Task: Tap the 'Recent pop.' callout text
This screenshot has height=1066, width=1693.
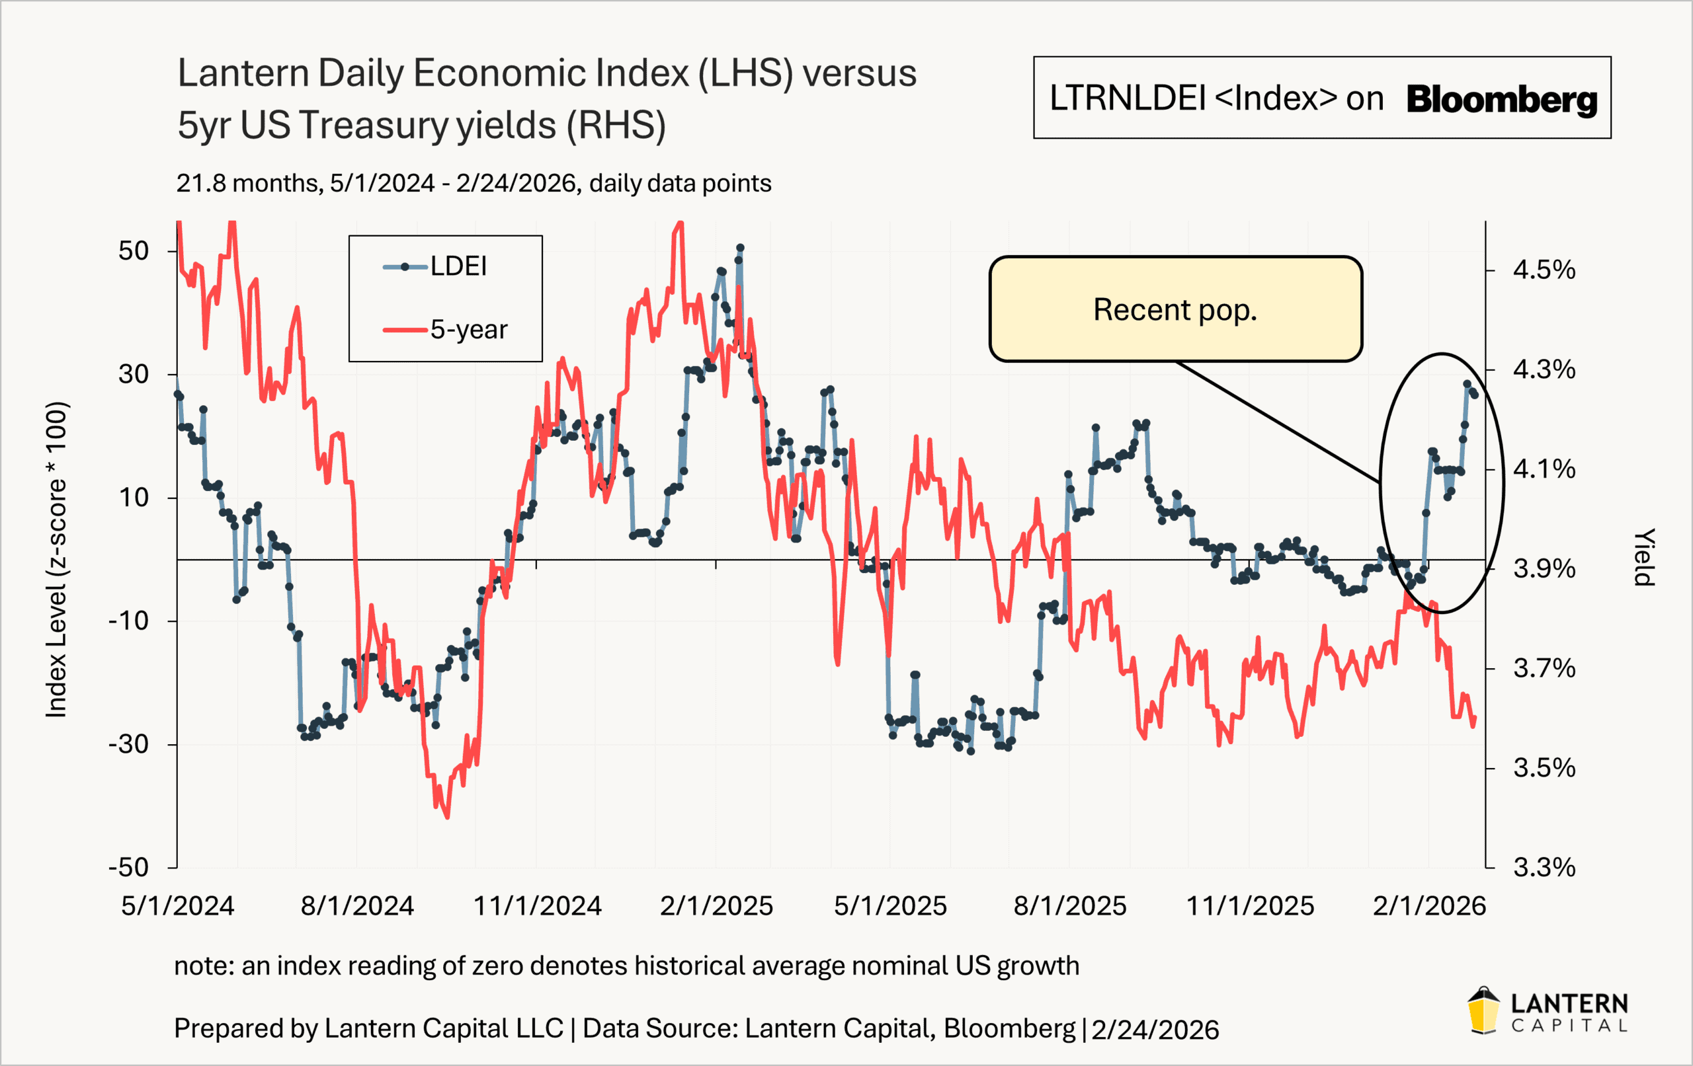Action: (x=1175, y=310)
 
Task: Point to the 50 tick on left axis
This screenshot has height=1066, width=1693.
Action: (x=134, y=251)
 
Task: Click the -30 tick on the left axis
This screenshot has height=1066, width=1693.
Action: (x=129, y=744)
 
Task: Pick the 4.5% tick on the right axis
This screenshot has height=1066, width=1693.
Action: (x=1544, y=270)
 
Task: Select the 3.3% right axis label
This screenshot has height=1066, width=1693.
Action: (x=1544, y=868)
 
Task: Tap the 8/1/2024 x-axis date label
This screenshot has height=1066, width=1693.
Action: (x=357, y=906)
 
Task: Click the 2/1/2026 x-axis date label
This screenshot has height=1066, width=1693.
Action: (x=1429, y=906)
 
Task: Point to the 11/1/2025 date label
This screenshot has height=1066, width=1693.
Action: (x=1250, y=906)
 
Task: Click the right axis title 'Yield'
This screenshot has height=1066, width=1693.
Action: (x=1644, y=556)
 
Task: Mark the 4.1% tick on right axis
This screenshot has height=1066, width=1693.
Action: (x=1544, y=469)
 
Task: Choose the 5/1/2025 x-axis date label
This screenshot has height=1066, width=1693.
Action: (x=890, y=906)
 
